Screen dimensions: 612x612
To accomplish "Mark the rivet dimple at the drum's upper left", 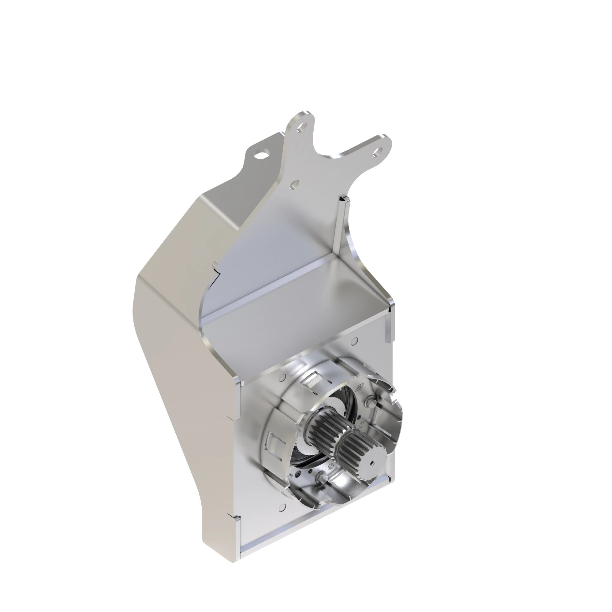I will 282,378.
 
